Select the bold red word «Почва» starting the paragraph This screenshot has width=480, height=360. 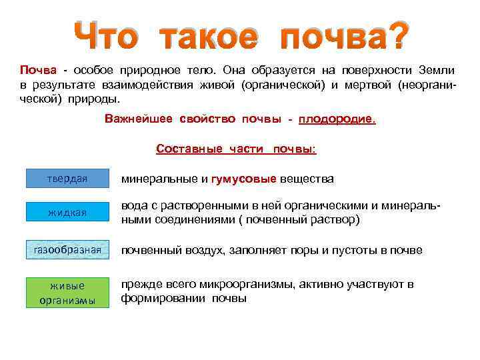[x=33, y=70]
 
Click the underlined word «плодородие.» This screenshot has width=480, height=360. [x=337, y=119]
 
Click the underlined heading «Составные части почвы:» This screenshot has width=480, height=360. [x=236, y=149]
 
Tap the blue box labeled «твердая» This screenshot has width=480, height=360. [x=67, y=179]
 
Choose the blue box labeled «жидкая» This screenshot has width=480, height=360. [x=67, y=212]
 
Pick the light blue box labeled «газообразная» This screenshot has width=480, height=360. [x=67, y=249]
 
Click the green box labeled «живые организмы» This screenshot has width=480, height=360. [x=67, y=292]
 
